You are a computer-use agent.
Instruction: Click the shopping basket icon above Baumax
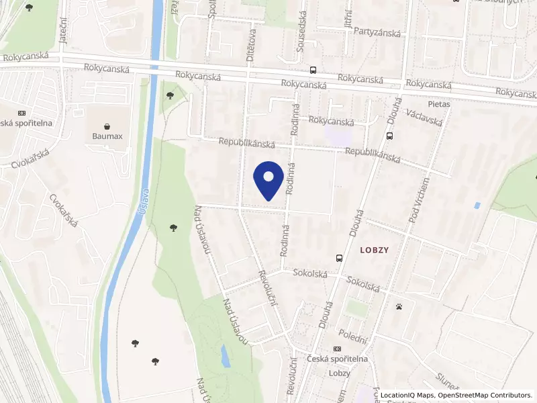(107, 126)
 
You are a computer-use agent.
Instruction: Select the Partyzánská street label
(378, 31)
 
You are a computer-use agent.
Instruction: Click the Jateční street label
(64, 30)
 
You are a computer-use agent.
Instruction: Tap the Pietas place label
(438, 105)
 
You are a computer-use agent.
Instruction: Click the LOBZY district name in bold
(375, 249)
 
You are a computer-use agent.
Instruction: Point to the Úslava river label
(144, 200)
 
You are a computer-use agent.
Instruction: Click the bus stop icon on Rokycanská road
(313, 70)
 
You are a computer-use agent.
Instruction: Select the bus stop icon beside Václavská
(390, 136)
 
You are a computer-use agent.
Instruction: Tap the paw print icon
(399, 306)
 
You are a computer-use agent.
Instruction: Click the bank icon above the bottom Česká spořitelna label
(337, 349)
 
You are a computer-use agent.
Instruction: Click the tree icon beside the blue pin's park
(174, 228)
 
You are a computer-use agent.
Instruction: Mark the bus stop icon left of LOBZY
(339, 257)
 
